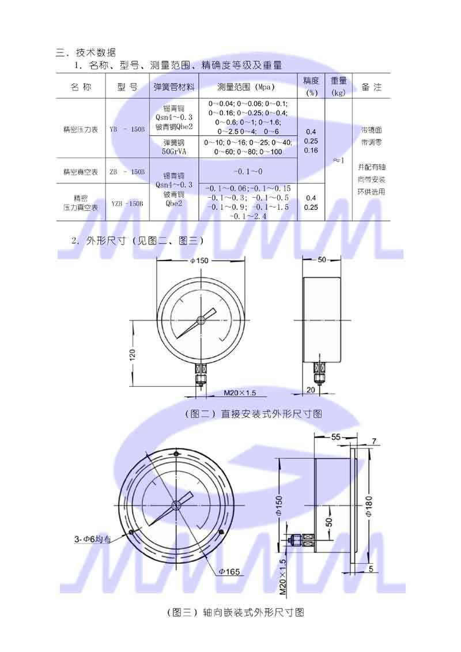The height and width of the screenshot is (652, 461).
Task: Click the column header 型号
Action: pos(127,87)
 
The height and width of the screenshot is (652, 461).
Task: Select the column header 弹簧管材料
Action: pos(174,87)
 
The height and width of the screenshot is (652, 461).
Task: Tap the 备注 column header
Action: pos(371,87)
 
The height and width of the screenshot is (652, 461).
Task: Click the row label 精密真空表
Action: pos(81,172)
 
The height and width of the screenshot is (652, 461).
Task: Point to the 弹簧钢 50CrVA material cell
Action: pos(174,146)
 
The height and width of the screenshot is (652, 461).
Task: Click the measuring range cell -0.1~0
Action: pos(248,172)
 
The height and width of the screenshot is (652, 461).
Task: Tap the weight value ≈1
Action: pos(338,160)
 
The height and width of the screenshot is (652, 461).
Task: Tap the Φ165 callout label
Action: pos(229,571)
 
